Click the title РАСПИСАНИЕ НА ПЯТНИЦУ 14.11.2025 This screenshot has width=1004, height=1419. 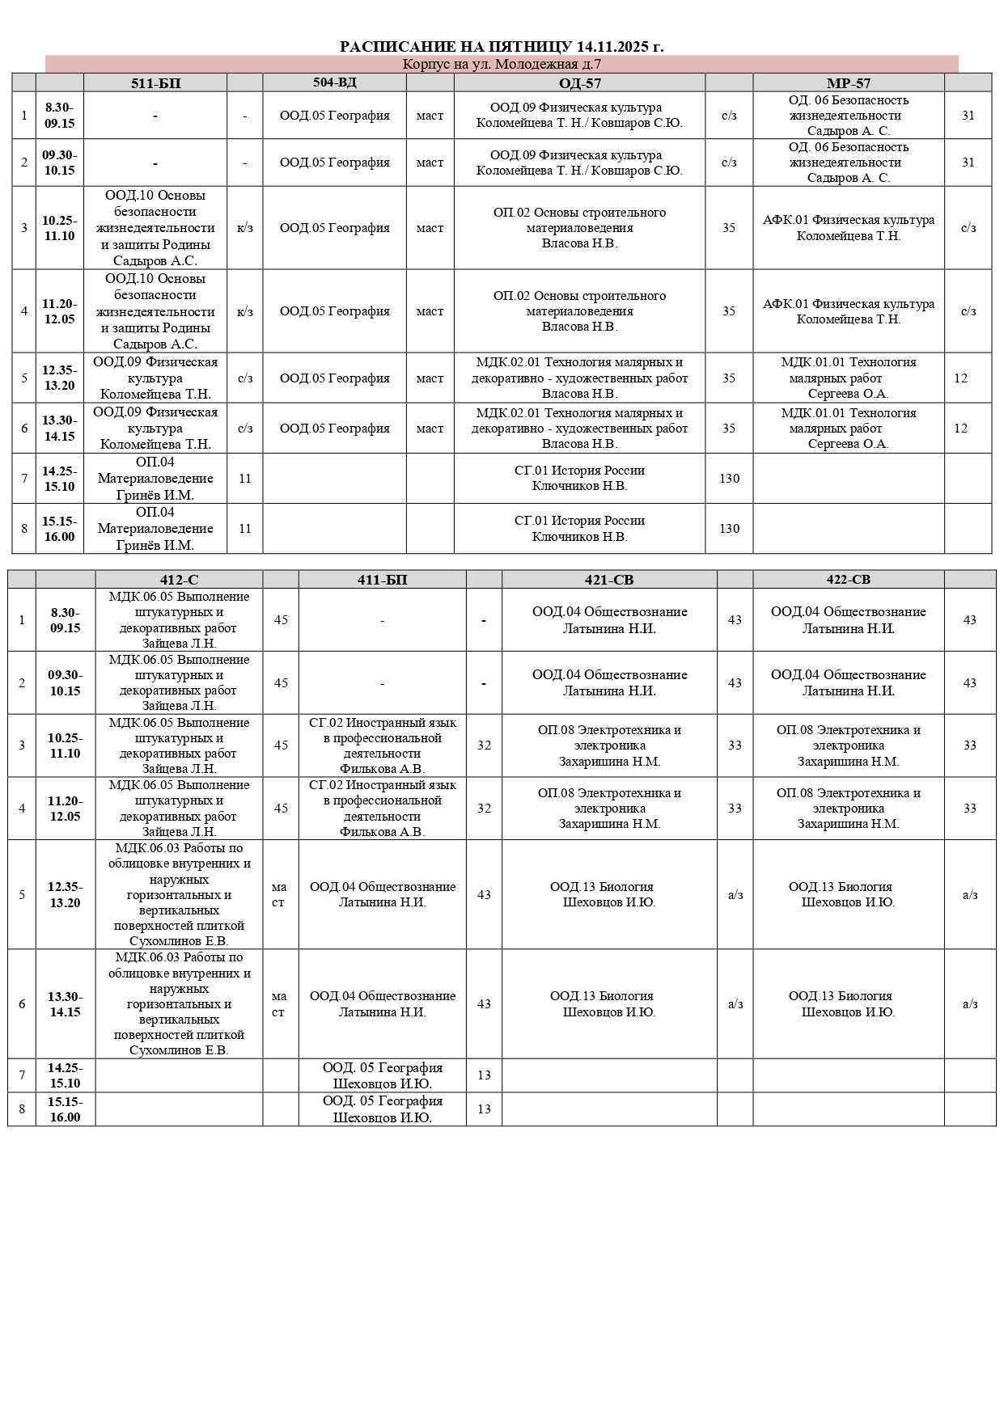click(502, 47)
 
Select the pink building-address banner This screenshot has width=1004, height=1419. click(502, 65)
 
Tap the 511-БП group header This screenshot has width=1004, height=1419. click(155, 82)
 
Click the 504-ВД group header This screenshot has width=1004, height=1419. click(335, 82)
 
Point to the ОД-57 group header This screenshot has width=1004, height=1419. click(579, 82)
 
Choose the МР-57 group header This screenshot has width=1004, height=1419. click(848, 82)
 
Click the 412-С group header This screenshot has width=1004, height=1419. click(179, 580)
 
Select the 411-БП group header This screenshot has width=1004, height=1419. click(382, 580)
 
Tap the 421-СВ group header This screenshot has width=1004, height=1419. click(609, 580)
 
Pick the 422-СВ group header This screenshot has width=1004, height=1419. click(848, 580)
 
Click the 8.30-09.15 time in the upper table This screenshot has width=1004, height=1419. click(59, 116)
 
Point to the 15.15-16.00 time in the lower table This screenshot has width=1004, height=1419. click(65, 1109)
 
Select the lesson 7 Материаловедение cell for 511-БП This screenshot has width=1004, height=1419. click(155, 479)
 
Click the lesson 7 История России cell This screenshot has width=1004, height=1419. click(579, 479)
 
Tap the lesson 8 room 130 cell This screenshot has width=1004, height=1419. click(729, 529)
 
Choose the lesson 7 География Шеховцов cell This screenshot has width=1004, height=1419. click(382, 1075)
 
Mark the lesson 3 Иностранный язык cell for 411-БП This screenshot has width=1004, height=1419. click(382, 745)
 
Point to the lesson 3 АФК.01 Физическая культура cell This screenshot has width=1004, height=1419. click(848, 228)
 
